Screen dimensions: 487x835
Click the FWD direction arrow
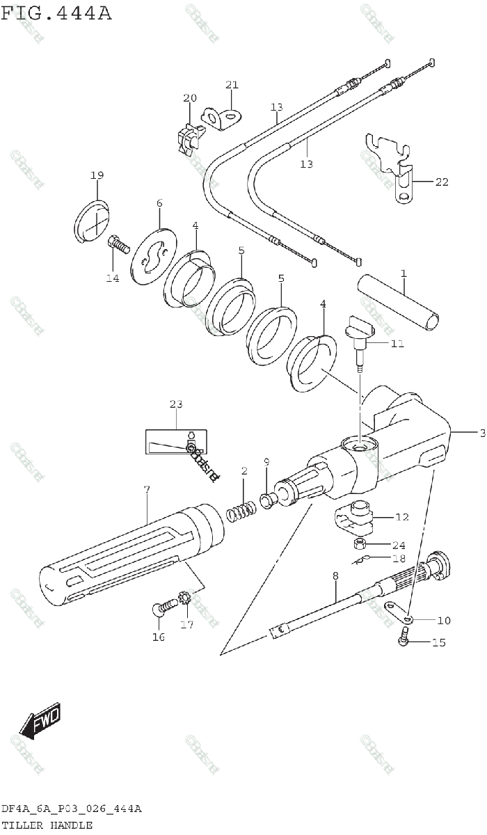40,720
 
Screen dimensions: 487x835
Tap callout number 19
97,175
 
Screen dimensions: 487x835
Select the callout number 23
175,404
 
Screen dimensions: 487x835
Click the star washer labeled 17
185,598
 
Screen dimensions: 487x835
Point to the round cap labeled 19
91,223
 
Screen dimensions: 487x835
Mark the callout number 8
335,576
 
